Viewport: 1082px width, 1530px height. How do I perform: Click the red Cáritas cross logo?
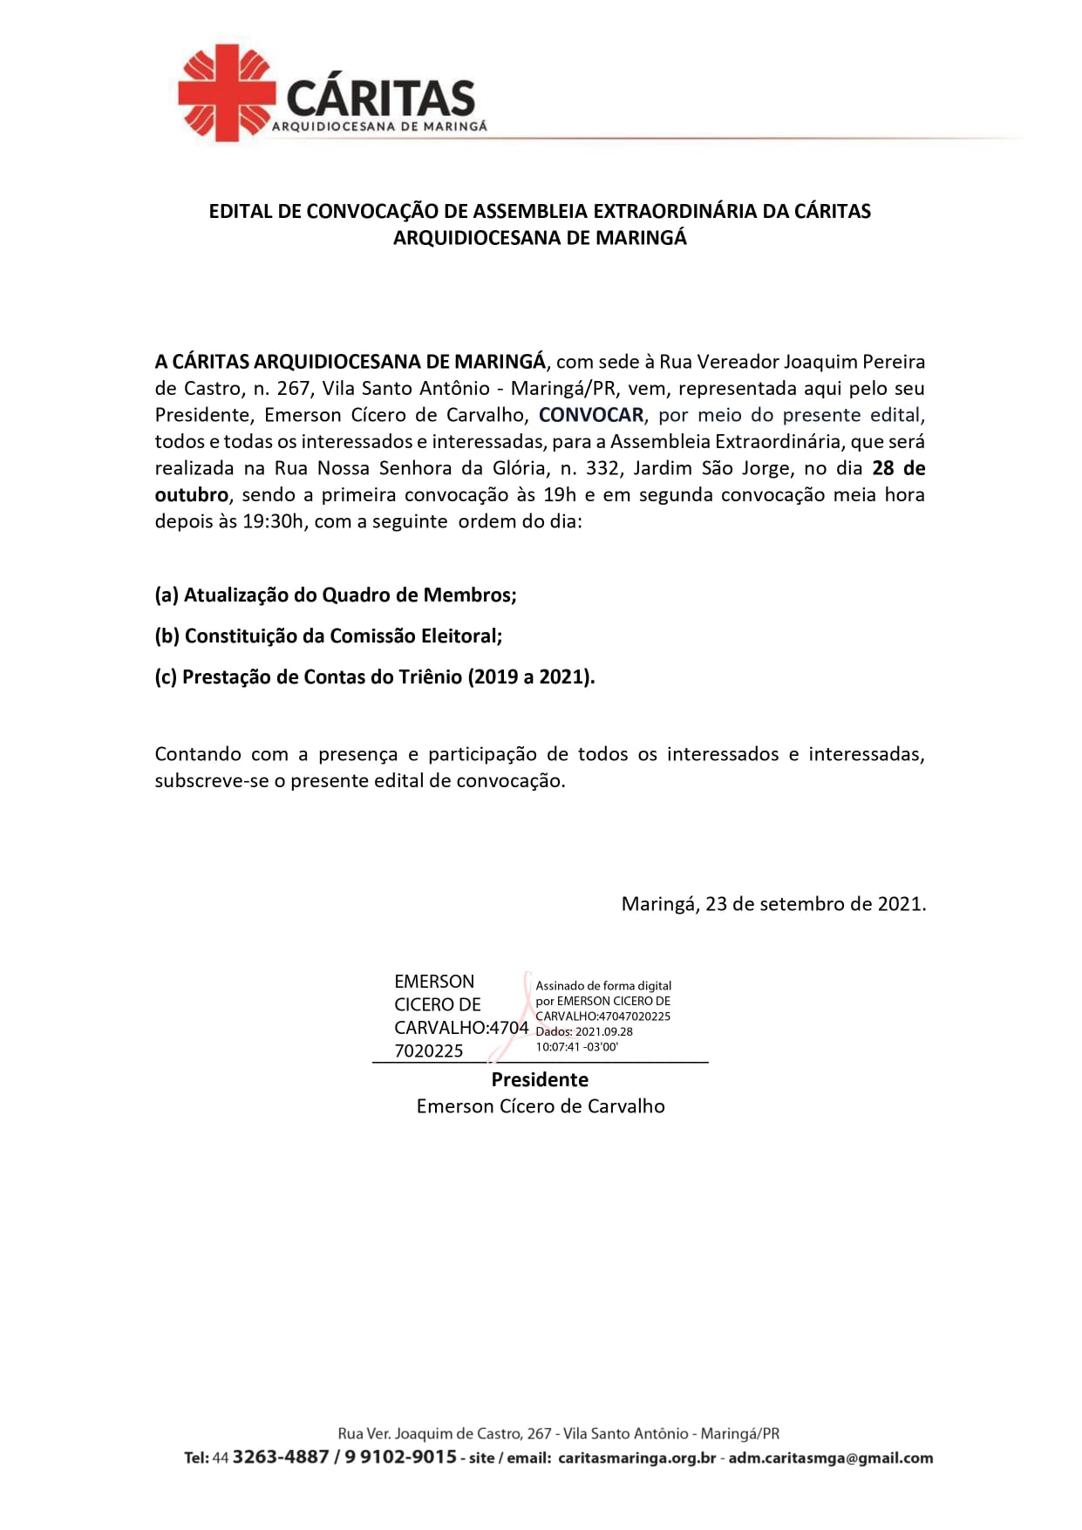[226, 93]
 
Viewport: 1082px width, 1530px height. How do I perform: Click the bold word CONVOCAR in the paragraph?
[591, 415]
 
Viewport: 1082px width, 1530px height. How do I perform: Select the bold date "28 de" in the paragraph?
[898, 468]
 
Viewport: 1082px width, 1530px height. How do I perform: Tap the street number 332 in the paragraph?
[602, 468]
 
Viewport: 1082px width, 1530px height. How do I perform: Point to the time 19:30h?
[274, 521]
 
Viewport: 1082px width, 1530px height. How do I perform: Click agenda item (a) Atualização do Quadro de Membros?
[336, 595]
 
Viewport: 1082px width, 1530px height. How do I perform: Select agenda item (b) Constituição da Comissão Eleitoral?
[329, 636]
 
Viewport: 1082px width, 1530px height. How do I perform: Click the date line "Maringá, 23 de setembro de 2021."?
[773, 904]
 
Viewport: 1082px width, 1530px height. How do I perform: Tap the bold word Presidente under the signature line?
[540, 1080]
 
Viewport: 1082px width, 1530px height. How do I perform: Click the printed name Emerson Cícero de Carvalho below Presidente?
[541, 1106]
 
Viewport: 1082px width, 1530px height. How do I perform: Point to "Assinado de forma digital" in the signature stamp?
[603, 986]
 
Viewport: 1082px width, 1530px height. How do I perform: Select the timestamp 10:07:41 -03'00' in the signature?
[576, 1047]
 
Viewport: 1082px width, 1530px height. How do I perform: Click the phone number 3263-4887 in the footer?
[281, 1458]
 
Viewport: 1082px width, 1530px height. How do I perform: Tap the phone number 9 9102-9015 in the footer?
[401, 1458]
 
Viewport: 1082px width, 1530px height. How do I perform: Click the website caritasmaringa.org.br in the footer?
[636, 1459]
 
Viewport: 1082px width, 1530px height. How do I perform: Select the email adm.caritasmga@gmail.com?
[830, 1459]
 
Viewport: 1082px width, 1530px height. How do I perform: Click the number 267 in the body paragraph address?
[294, 389]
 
